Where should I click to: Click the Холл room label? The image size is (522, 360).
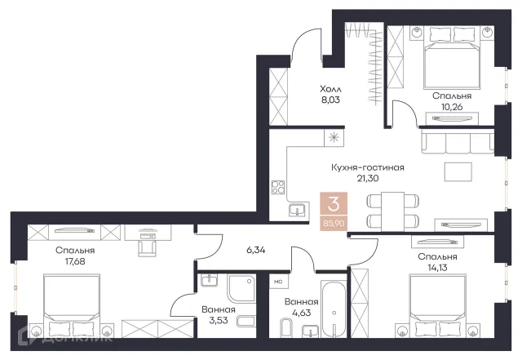pyautogui.click(x=330, y=89)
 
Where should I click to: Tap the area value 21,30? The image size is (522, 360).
pyautogui.click(x=368, y=178)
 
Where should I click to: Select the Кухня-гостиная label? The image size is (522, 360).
pyautogui.click(x=368, y=167)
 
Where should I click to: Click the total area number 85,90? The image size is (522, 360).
pyautogui.click(x=334, y=224)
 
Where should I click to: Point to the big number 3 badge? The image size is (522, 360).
pyautogui.click(x=334, y=204)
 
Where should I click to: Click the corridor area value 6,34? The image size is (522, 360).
pyautogui.click(x=255, y=250)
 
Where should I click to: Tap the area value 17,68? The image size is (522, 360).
pyautogui.click(x=75, y=261)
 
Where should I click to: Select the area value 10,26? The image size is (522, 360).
pyautogui.click(x=452, y=107)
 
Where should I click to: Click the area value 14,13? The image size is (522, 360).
pyautogui.click(x=437, y=267)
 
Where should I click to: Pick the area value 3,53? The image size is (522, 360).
pyautogui.click(x=219, y=321)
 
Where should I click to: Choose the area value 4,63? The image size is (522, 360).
pyautogui.click(x=301, y=313)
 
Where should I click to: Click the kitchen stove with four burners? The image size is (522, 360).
pyautogui.click(x=278, y=187)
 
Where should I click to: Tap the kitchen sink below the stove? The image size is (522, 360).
pyautogui.click(x=297, y=211)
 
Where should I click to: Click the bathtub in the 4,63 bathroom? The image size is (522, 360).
pyautogui.click(x=334, y=309)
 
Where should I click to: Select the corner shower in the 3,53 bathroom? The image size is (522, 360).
pyautogui.click(x=242, y=289)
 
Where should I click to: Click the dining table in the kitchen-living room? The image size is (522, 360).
pyautogui.click(x=393, y=211)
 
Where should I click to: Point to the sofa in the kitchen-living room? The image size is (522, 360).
pyautogui.click(x=458, y=141)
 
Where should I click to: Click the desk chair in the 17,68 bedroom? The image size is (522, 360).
pyautogui.click(x=147, y=248)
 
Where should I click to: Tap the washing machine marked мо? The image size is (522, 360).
pyautogui.click(x=279, y=282)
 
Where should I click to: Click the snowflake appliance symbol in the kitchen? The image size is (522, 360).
pyautogui.click(x=334, y=137)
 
